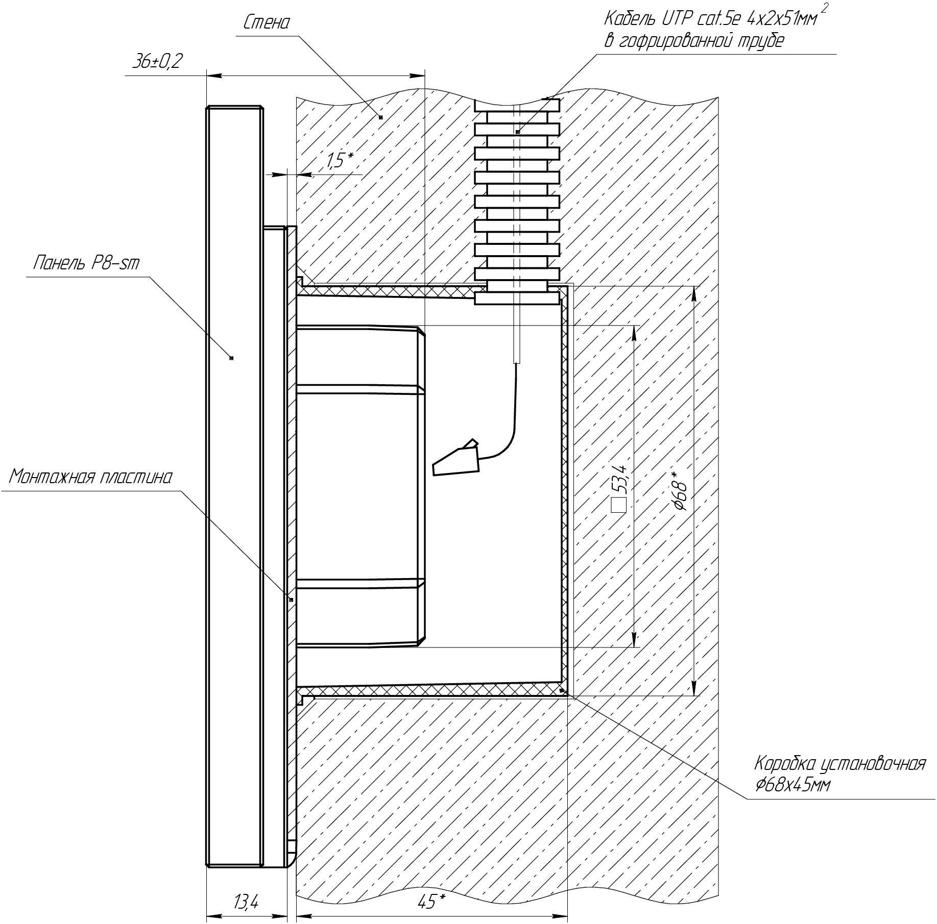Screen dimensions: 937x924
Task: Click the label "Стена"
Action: pyautogui.click(x=267, y=23)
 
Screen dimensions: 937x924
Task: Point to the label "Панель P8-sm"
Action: pyautogui.click(x=86, y=263)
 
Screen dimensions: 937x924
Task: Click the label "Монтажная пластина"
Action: pyautogui.click(x=91, y=477)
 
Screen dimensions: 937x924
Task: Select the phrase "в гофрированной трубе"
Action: pyautogui.click(x=694, y=41)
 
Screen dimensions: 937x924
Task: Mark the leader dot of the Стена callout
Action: pyautogui.click(x=380, y=117)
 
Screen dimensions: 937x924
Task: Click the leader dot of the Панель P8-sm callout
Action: pyautogui.click(x=231, y=358)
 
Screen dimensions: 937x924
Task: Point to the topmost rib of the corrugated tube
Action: pyautogui.click(x=517, y=105)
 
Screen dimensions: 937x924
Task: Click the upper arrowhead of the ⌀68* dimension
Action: pyautogui.click(x=694, y=294)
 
